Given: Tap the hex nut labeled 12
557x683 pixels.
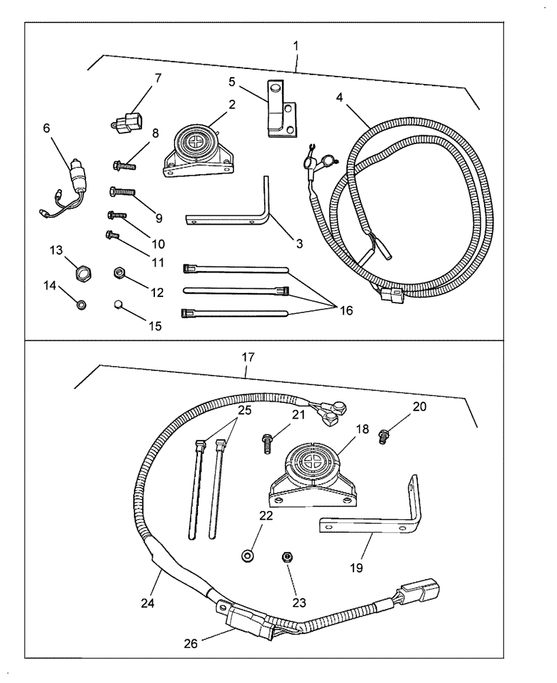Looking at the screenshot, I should pyautogui.click(x=119, y=273).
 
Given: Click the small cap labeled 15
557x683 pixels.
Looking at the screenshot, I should pyautogui.click(x=118, y=305).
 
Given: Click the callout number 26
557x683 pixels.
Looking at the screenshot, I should pyautogui.click(x=191, y=643).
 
